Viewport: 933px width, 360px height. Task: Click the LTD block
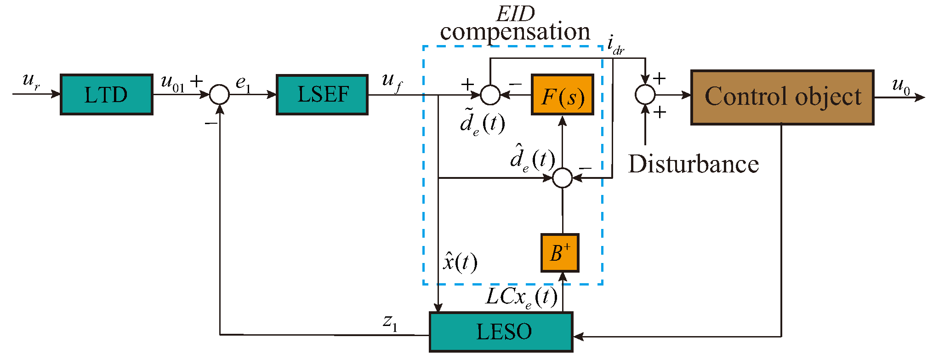pyautogui.click(x=106, y=94)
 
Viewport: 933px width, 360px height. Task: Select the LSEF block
pyautogui.click(x=322, y=94)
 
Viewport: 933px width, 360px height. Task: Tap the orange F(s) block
pyautogui.click(x=562, y=95)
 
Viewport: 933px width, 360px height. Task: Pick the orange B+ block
pyautogui.click(x=559, y=253)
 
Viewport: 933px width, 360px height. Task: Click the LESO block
pyautogui.click(x=501, y=332)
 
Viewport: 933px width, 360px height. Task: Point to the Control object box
pyautogui.click(x=782, y=97)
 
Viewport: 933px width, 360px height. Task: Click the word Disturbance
pyautogui.click(x=693, y=164)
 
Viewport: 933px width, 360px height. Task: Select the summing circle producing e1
pyautogui.click(x=219, y=95)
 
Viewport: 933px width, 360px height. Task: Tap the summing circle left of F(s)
pyautogui.click(x=490, y=95)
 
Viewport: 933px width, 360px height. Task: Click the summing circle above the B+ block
pyautogui.click(x=562, y=177)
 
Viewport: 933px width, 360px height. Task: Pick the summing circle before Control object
pyautogui.click(x=645, y=95)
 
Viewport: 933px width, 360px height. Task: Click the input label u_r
pyautogui.click(x=31, y=81)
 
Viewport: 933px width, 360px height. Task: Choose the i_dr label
pyautogui.click(x=615, y=45)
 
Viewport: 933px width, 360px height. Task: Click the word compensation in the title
pyautogui.click(x=515, y=32)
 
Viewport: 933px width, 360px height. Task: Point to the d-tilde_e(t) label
pyautogui.click(x=482, y=123)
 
